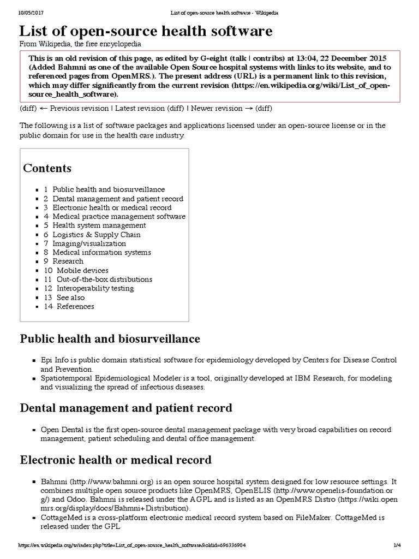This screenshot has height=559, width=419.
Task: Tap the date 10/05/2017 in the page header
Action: pos(31,13)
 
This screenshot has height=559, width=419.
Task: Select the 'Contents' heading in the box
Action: pos(47,168)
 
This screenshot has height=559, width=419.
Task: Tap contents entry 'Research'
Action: pos(68,261)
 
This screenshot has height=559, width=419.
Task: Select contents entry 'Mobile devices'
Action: pos(82,270)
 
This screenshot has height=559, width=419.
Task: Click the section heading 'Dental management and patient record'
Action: pos(126,408)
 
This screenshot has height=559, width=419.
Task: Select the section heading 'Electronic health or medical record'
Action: pos(116,460)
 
